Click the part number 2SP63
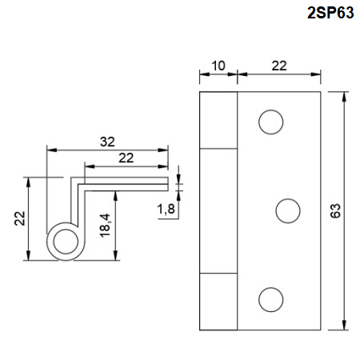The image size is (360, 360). pyautogui.click(x=330, y=13)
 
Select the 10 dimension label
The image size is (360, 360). pyautogui.click(x=218, y=66)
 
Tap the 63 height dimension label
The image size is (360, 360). pyautogui.click(x=335, y=210)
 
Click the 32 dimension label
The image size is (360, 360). pyautogui.click(x=107, y=142)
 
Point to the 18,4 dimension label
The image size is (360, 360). pyautogui.click(x=105, y=226)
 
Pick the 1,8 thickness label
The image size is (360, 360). pyautogui.click(x=166, y=209)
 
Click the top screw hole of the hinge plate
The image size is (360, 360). pyautogui.click(x=270, y=122)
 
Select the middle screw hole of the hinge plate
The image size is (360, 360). pyautogui.click(x=288, y=210)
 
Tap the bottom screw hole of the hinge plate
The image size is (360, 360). pyautogui.click(x=270, y=299)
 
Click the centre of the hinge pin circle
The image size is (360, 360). pyautogui.click(x=66, y=242)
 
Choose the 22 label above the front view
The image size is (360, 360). pyautogui.click(x=279, y=66)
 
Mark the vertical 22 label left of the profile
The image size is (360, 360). pyautogui.click(x=20, y=218)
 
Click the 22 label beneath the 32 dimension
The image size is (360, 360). pyautogui.click(x=126, y=158)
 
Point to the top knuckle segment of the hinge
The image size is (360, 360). pyautogui.click(x=218, y=120)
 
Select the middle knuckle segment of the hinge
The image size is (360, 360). pyautogui.click(x=218, y=211)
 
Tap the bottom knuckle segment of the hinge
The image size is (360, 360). pyautogui.click(x=218, y=302)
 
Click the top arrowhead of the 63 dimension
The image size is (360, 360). pyautogui.click(x=344, y=97)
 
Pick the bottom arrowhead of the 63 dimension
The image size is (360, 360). pyautogui.click(x=344, y=325)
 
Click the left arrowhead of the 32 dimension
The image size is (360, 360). pyautogui.click(x=52, y=150)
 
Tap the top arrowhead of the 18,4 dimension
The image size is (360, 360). pyautogui.click(x=115, y=196)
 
